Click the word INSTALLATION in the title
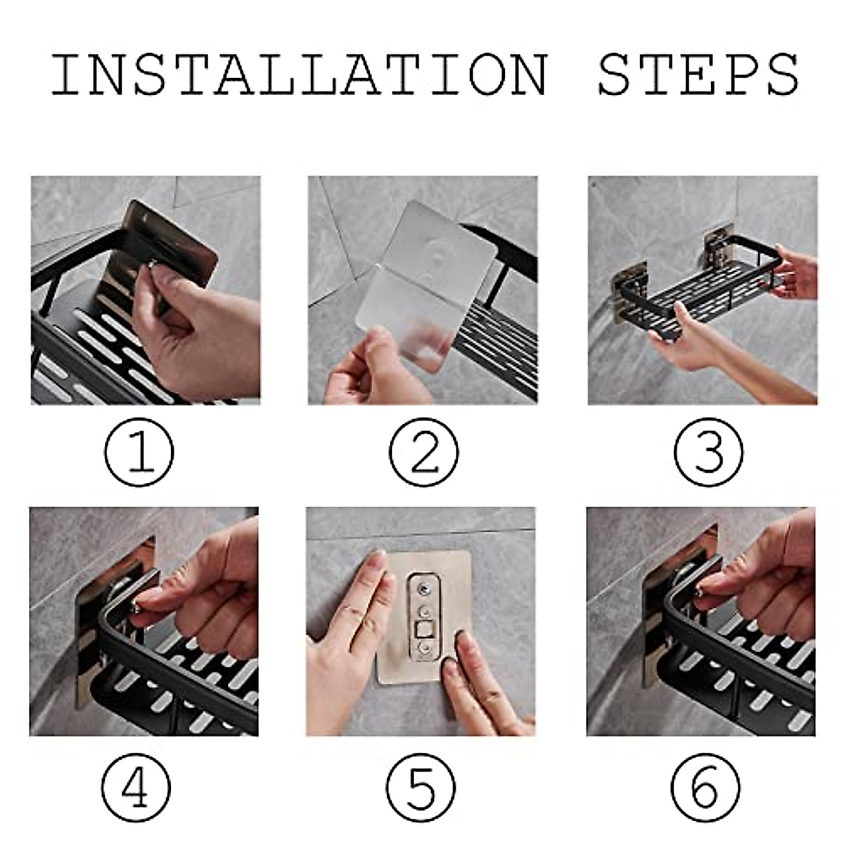click(x=299, y=75)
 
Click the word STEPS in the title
click(x=698, y=75)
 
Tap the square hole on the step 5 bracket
click(x=423, y=631)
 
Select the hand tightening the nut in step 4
click(x=206, y=592)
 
